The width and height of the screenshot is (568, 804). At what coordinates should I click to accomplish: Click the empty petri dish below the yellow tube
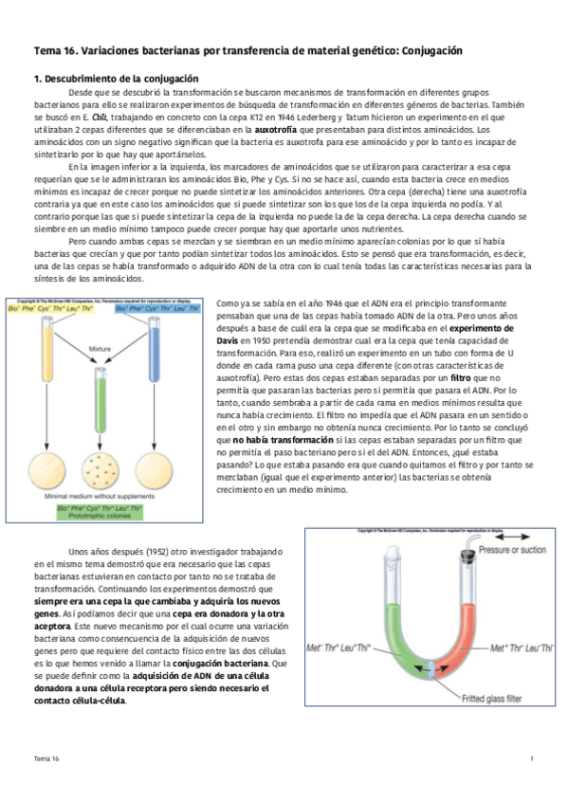tap(44, 469)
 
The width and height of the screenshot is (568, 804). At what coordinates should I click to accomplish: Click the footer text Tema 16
tap(46, 759)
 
